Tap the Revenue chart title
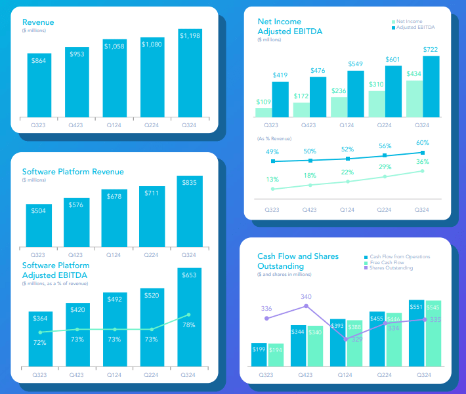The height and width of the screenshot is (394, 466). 38,22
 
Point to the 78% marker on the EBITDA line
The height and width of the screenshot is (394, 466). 189,315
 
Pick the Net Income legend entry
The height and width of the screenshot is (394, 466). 411,22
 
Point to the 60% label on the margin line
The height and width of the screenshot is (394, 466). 422,143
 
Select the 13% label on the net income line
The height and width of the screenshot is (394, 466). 272,179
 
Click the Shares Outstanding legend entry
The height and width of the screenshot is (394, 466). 391,268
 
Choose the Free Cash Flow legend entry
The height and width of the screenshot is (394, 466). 387,262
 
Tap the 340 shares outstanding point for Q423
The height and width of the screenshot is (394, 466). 306,306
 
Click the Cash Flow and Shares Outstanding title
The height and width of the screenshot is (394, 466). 298,260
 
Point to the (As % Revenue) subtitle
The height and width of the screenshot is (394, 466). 274,138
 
